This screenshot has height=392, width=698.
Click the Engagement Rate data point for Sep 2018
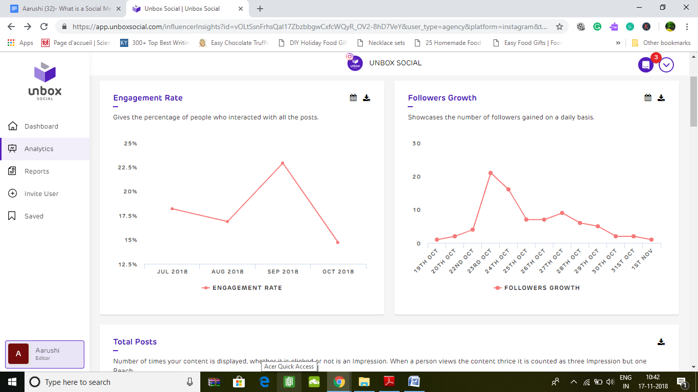tap(283, 163)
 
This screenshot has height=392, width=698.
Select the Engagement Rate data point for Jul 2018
tap(172, 209)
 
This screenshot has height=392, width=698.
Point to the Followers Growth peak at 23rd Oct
tap(491, 173)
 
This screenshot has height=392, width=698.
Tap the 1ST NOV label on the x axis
tap(642, 260)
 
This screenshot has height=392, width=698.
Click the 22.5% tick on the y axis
tap(127, 167)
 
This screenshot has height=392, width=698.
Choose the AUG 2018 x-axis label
tap(227, 272)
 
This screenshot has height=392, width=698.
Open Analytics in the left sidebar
tap(39, 149)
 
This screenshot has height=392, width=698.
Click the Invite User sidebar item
tap(41, 193)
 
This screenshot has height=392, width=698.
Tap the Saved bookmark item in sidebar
tap(34, 216)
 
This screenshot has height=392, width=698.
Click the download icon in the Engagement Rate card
tap(366, 98)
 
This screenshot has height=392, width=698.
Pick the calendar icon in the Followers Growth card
tap(648, 98)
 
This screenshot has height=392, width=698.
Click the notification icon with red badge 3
tap(646, 65)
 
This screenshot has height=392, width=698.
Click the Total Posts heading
tap(135, 342)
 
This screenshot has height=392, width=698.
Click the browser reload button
tap(44, 27)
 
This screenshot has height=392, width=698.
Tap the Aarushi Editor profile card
tap(44, 354)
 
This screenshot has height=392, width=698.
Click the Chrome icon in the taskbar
tap(339, 382)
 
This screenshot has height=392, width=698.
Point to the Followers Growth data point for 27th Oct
tap(562, 213)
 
